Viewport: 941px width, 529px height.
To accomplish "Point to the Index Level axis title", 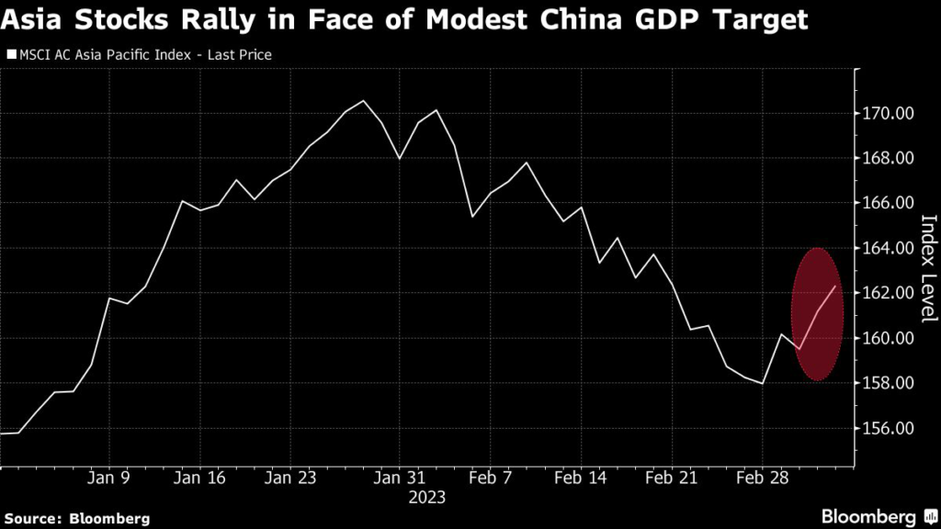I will [x=927, y=268].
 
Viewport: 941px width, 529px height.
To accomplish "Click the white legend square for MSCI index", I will [x=12, y=55].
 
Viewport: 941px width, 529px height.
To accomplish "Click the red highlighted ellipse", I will [x=816, y=314].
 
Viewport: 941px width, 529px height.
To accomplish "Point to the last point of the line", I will [x=834, y=287].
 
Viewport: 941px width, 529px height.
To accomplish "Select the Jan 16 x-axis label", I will [x=199, y=478].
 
